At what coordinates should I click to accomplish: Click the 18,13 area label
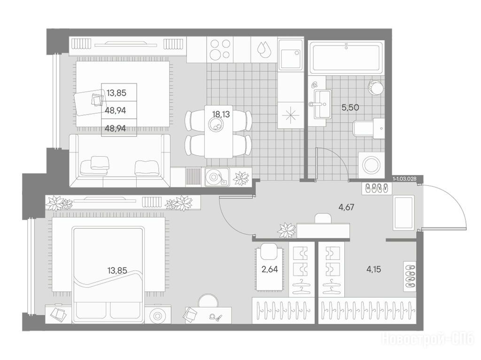pos(221,115)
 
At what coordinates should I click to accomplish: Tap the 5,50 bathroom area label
pos(350,107)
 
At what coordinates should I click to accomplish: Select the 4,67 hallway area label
pos(346,207)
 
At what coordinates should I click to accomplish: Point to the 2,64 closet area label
pos(270,269)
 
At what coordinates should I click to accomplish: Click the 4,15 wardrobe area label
pos(373,269)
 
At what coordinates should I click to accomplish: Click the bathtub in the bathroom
pos(346,58)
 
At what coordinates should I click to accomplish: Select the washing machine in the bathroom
pos(371,165)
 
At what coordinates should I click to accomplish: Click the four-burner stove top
pos(220,50)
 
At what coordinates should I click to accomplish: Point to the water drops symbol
pos(262,49)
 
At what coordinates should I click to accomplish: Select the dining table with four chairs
pos(218,131)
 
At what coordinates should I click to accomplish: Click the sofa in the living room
pos(120,161)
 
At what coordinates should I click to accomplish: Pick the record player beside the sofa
pos(216,177)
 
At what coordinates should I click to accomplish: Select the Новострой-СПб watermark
pos(427,340)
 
